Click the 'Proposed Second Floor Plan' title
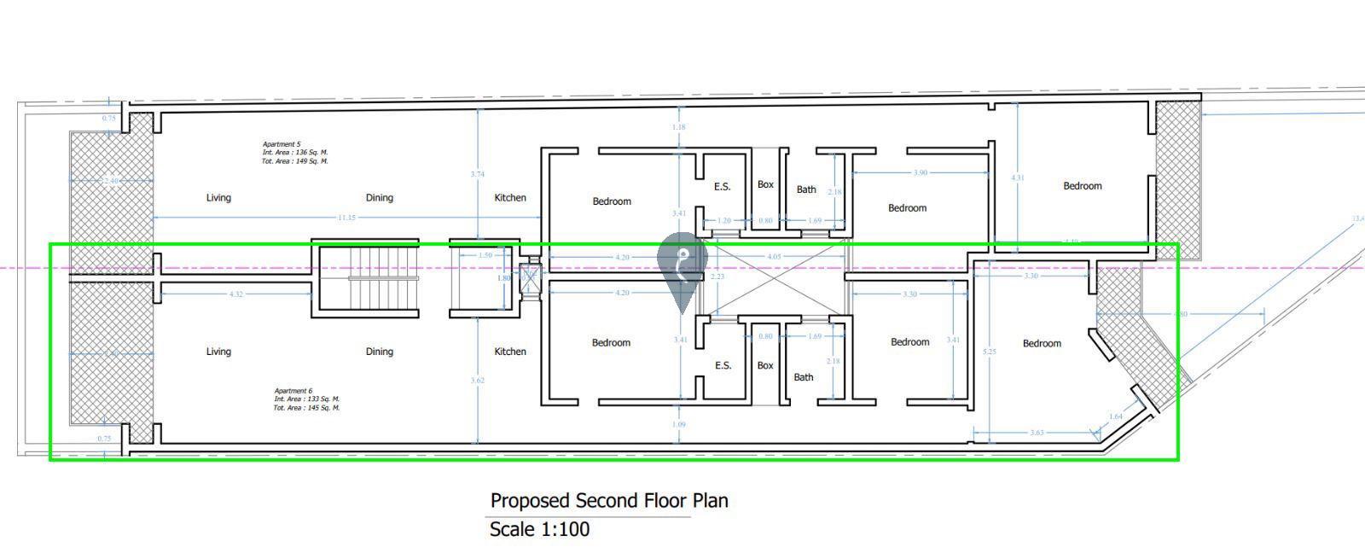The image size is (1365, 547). coord(609,500)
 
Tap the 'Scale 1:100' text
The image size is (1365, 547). coord(539,529)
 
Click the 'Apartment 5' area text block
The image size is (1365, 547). coord(294,153)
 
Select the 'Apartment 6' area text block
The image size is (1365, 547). coord(306,399)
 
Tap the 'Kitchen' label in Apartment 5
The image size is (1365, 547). coord(510,198)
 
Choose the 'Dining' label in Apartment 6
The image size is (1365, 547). coord(380,352)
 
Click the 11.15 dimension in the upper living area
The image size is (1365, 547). coord(346,218)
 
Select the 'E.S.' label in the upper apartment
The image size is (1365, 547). coord(723,186)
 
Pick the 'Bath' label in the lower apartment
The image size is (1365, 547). coord(804,377)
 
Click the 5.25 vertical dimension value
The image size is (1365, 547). coord(990,352)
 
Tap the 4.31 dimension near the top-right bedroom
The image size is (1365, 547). coord(1018,178)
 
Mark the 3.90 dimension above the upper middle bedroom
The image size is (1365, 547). coord(920,173)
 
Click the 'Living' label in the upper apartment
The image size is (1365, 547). coord(218,198)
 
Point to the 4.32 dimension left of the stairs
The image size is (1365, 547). coord(236,294)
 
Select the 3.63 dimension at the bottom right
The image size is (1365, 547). coord(1037,433)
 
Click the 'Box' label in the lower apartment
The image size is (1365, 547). coord(765,365)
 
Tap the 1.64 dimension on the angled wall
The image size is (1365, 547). coord(1116,416)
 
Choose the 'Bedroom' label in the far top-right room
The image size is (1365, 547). coord(1083,186)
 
